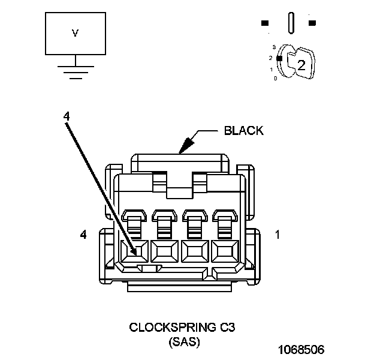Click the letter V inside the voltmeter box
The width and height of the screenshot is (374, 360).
(x=75, y=34)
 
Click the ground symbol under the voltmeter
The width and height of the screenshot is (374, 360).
(x=75, y=71)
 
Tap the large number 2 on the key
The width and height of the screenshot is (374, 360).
(x=301, y=66)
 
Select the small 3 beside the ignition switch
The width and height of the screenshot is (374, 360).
(x=274, y=46)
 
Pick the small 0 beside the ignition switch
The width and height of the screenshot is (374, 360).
(x=275, y=79)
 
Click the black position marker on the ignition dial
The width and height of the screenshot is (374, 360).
(x=279, y=58)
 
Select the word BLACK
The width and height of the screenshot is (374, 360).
(x=243, y=131)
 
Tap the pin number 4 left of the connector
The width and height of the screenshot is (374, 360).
(x=83, y=235)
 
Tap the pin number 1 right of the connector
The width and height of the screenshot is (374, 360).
(x=277, y=235)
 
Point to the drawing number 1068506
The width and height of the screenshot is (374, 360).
(x=300, y=349)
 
